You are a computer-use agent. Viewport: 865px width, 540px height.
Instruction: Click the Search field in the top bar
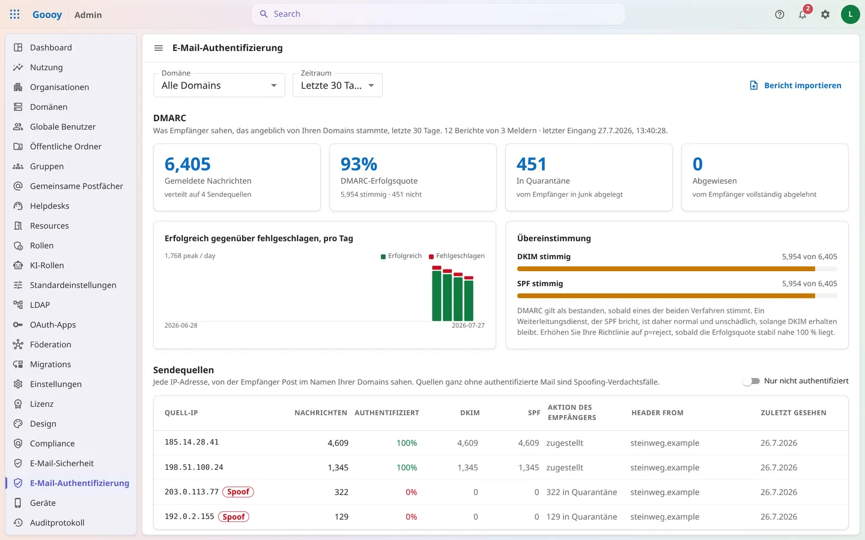pyautogui.click(x=439, y=14)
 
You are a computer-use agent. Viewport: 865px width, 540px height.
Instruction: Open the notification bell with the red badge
pyautogui.click(x=803, y=14)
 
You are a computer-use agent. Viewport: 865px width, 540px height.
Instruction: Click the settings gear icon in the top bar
pyautogui.click(x=825, y=14)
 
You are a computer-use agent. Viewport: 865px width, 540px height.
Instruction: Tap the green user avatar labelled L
pyautogui.click(x=850, y=14)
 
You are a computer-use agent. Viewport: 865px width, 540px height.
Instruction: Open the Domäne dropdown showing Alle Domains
pyautogui.click(x=219, y=85)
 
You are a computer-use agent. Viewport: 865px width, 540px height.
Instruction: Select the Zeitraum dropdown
pyautogui.click(x=338, y=85)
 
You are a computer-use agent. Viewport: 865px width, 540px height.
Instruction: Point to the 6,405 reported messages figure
pyautogui.click(x=187, y=164)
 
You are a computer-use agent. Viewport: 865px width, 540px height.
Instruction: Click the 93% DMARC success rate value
pyautogui.click(x=359, y=164)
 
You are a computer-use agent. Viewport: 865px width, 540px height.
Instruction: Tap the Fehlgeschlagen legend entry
pyautogui.click(x=457, y=256)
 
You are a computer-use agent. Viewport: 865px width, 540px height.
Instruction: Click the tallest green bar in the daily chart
pyautogui.click(x=436, y=295)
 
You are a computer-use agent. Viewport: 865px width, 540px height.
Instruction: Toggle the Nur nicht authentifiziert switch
pyautogui.click(x=751, y=381)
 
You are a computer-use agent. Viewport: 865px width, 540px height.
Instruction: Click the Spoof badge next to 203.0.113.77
pyautogui.click(x=238, y=492)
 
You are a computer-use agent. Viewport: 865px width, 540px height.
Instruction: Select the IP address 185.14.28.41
pyautogui.click(x=192, y=442)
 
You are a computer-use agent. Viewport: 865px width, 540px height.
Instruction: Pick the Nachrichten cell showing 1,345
pyautogui.click(x=338, y=467)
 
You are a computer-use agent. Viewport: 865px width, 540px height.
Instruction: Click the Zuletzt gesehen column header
pyautogui.click(x=794, y=413)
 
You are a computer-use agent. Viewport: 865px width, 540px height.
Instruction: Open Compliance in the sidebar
pyautogui.click(x=52, y=443)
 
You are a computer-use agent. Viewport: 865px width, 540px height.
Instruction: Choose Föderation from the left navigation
pyautogui.click(x=50, y=344)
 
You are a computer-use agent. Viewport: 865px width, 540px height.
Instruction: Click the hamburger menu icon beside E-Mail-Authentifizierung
pyautogui.click(x=159, y=48)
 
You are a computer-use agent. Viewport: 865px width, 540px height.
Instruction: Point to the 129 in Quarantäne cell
pyautogui.click(x=581, y=517)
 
